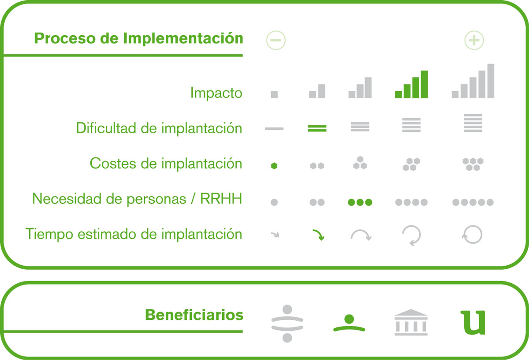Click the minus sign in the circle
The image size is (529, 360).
[276, 40]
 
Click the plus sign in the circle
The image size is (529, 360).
[474, 40]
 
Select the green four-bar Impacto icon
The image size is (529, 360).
[411, 84]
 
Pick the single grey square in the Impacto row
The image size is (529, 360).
[274, 94]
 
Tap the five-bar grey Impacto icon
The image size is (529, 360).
[473, 81]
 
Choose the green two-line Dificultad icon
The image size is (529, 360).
[317, 128]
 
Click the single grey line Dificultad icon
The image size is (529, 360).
[274, 128]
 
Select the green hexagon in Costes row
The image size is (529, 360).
[274, 166]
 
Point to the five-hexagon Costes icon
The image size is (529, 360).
[473, 164]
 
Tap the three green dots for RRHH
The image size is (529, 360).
[360, 202]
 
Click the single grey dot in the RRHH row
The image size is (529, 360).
[274, 202]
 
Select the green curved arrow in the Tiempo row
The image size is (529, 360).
[319, 234]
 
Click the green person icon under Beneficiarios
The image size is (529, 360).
[349, 323]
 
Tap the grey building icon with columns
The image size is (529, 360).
[411, 322]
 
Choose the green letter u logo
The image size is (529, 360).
[473, 322]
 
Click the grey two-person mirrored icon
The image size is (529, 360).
[287, 323]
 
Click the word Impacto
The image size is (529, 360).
[216, 93]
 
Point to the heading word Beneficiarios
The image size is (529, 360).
[194, 315]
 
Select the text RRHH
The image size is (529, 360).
[221, 199]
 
